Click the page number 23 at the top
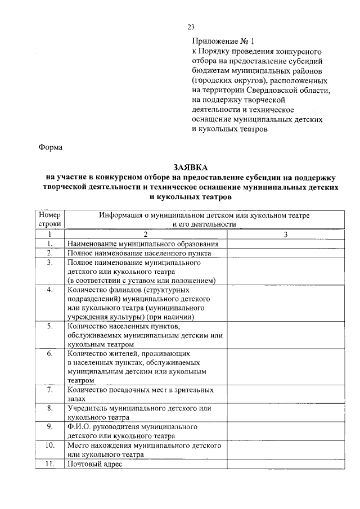[191, 26]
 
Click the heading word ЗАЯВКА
[191, 167]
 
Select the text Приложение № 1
[223, 42]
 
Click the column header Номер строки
[49, 219]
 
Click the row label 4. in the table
[50, 290]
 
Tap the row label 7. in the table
[50, 389]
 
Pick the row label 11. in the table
[50, 464]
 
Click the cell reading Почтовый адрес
[94, 464]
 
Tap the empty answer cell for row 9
[286, 431]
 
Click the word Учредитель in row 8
[90, 408]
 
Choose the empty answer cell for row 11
[286, 464]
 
